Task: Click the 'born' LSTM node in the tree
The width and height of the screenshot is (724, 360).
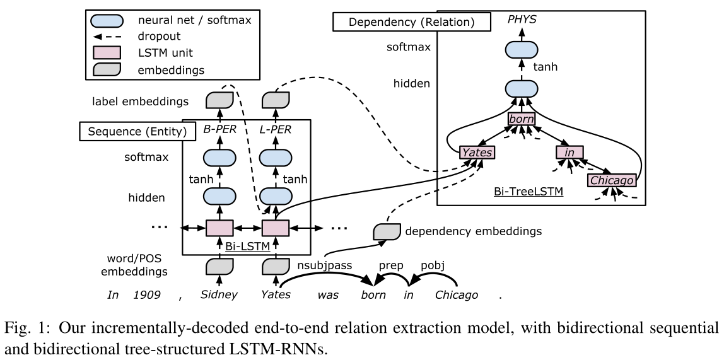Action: [521, 120]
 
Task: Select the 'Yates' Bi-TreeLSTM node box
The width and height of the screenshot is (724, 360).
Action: [476, 152]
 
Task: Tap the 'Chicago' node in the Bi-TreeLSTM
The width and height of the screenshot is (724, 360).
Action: [610, 181]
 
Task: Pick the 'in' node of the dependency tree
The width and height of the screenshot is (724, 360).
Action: [569, 152]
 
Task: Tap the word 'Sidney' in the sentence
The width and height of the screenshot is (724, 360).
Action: [219, 295]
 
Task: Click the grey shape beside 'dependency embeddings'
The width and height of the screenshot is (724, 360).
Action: [386, 232]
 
